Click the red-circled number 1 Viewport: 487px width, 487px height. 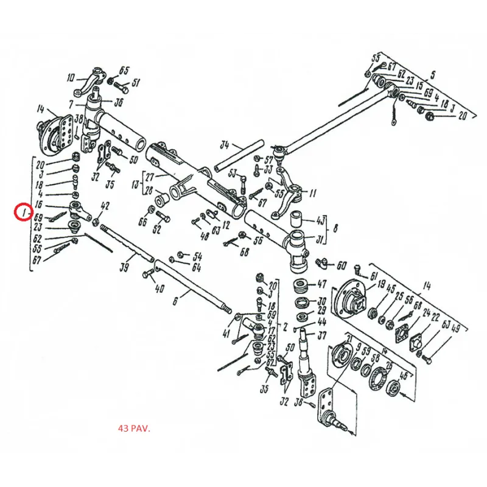click(x=23, y=212)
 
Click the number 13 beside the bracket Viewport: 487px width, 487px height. click(x=136, y=184)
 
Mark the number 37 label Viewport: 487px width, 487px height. click(x=322, y=335)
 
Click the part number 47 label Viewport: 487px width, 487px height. click(x=321, y=284)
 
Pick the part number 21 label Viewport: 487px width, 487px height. click(x=349, y=338)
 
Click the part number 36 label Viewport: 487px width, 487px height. click(x=118, y=102)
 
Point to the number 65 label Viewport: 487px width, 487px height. click(x=124, y=69)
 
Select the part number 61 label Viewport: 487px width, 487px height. click(x=373, y=277)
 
